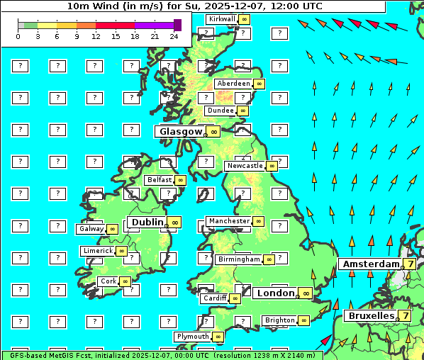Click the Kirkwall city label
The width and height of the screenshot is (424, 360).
point(222,18)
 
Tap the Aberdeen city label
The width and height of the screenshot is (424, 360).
point(234,84)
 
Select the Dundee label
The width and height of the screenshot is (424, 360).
point(220,111)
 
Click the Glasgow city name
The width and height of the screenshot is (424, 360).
point(181,131)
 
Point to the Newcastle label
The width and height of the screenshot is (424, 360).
point(244,166)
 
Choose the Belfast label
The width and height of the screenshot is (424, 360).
point(160,180)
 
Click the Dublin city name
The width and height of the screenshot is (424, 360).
point(146,222)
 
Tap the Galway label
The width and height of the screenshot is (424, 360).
point(91,229)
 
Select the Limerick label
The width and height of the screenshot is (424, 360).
point(98,251)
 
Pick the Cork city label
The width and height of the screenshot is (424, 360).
point(108,281)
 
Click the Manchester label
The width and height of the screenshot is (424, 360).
point(229,221)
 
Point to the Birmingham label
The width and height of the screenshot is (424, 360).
point(239,259)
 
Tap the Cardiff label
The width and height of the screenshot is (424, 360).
point(214,298)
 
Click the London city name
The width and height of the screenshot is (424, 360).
point(275,293)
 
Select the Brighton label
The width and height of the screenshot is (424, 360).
point(279,320)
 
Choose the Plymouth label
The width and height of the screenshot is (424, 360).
point(193,337)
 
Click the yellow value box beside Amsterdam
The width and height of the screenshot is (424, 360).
point(409,264)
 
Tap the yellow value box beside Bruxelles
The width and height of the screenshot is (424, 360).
point(404,315)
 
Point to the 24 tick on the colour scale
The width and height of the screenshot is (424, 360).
point(174,36)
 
